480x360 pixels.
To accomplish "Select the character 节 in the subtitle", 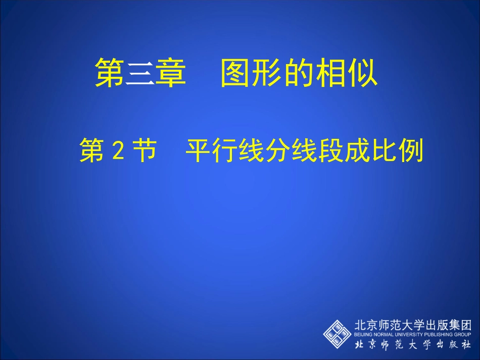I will pos(143,150).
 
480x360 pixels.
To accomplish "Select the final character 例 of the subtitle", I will pos(411,150).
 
